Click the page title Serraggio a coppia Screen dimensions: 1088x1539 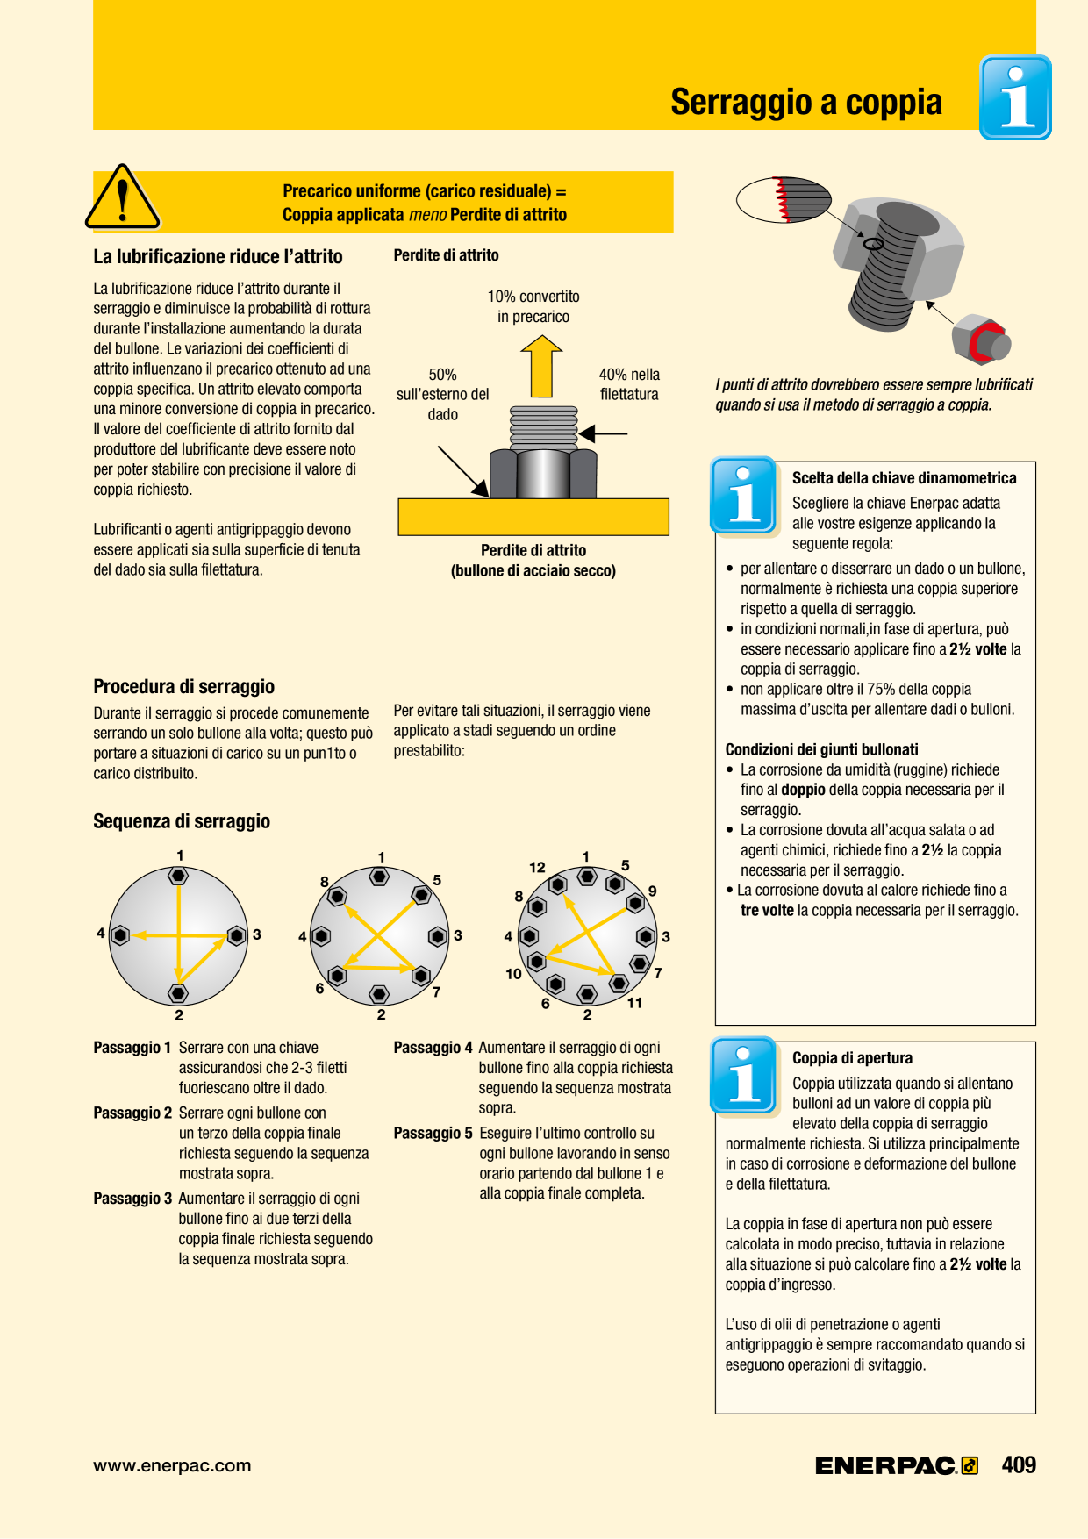click(806, 103)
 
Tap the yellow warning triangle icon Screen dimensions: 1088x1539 click(123, 197)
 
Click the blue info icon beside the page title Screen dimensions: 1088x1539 click(1015, 97)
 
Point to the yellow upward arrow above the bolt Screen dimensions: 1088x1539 click(541, 366)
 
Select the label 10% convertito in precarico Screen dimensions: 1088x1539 click(533, 306)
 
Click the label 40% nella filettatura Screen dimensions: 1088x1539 click(629, 384)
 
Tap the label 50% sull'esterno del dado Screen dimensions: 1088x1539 click(443, 394)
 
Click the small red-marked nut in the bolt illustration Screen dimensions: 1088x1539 click(982, 339)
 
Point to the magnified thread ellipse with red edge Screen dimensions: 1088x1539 click(784, 199)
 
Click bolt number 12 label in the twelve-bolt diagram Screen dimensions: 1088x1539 click(537, 867)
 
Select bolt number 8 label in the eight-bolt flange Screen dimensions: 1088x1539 click(325, 882)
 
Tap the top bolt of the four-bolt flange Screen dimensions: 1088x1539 click(178, 876)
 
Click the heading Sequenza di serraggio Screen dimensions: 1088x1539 click(182, 821)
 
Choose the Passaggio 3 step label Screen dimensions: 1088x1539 click(132, 1199)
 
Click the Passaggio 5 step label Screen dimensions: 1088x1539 click(433, 1134)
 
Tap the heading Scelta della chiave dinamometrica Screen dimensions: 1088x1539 click(904, 478)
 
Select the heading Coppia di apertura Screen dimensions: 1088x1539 click(852, 1058)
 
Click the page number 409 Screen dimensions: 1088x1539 click(1019, 1464)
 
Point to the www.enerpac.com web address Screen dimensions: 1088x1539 click(172, 1465)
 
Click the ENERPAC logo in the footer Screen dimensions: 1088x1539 click(897, 1465)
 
